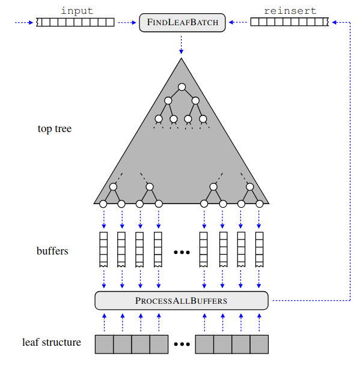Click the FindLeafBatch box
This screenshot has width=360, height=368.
tap(182, 23)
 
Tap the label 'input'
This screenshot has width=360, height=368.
tap(76, 10)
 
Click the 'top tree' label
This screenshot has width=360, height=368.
tap(55, 128)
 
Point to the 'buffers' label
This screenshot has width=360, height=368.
tap(52, 251)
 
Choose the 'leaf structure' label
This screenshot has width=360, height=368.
tap(52, 343)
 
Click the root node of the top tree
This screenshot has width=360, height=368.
tap(182, 87)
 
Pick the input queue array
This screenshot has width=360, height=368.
tap(75, 23)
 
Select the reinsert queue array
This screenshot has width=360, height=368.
tap(288, 23)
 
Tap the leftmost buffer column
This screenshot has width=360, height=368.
tap(103, 249)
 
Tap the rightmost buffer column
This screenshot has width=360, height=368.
tap(260, 249)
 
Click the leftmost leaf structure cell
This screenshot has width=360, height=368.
tap(104, 344)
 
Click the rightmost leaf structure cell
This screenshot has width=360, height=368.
tap(259, 344)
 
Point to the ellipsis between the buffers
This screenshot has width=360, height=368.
tap(182, 252)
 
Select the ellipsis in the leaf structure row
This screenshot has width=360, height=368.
tap(182, 345)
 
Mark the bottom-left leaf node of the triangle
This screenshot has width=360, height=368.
tap(103, 204)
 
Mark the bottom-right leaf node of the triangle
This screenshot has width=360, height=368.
tap(260, 204)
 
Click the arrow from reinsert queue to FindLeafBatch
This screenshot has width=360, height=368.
tap(238, 23)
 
